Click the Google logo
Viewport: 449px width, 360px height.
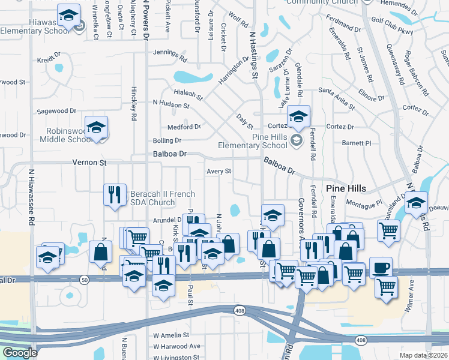[x=20, y=353]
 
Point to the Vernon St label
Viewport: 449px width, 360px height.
[x=89, y=163]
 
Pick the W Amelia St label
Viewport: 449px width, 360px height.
[x=171, y=335]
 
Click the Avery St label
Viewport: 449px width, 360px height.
[x=219, y=172]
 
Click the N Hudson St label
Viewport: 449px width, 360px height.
[x=171, y=104]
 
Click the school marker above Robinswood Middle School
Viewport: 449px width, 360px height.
[x=96, y=127]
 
